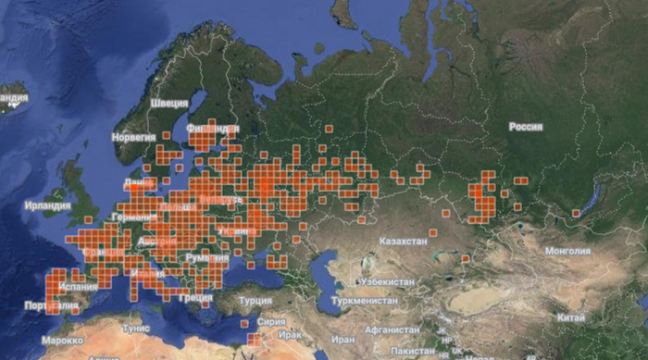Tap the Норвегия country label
[x=133, y=137]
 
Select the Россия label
[x=525, y=126]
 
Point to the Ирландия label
[x=48, y=205]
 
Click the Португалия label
[x=23, y=306]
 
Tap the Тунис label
[x=136, y=328]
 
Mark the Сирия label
[x=272, y=322]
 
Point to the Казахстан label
[x=403, y=241]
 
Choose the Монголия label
[x=567, y=250]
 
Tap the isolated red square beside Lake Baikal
[x=576, y=214]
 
